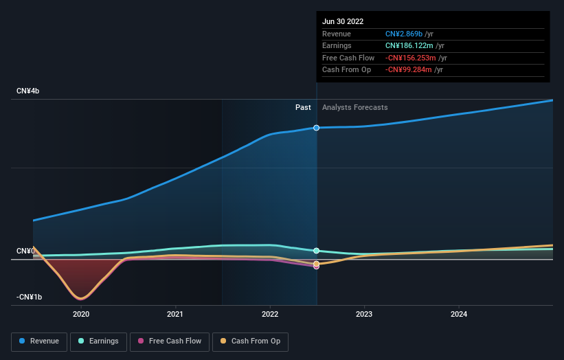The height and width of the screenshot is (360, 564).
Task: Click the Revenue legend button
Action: [x=40, y=341]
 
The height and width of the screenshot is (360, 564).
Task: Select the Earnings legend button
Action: [x=98, y=341]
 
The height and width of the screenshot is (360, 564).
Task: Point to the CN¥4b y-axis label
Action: [x=28, y=91]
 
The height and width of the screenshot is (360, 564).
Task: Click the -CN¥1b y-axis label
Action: [x=29, y=297]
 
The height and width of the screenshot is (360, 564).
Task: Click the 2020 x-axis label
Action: [x=81, y=315]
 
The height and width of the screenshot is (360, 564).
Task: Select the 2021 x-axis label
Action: [x=175, y=315]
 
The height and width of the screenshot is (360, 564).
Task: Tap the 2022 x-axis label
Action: [x=270, y=315]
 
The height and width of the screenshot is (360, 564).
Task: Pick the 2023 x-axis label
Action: [x=364, y=315]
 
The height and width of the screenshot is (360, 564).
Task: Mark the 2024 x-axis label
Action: [x=459, y=315]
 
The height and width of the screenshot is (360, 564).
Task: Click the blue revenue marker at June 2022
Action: [x=317, y=128]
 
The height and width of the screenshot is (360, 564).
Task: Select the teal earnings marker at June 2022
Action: [x=317, y=251]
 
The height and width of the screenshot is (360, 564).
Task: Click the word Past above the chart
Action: [x=303, y=108]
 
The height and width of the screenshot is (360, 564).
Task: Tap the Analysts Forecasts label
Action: [x=354, y=108]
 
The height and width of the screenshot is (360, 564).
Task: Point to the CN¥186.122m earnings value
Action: [x=410, y=46]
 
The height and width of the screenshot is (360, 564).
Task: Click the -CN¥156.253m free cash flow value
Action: [x=411, y=58]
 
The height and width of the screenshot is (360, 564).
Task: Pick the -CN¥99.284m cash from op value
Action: [x=409, y=70]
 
